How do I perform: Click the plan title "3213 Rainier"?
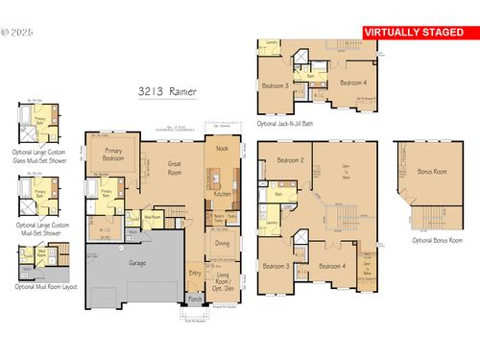pyautogui.click(x=167, y=91)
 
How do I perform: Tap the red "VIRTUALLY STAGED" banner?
pyautogui.click(x=420, y=32)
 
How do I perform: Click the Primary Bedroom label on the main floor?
pyautogui.click(x=113, y=156)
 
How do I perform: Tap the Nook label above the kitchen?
pyautogui.click(x=222, y=150)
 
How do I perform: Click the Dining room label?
pyautogui.click(x=223, y=244)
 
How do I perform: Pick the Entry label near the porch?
pyautogui.click(x=196, y=274)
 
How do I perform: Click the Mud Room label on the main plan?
pyautogui.click(x=152, y=217)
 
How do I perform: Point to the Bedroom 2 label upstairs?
pyautogui.click(x=289, y=160)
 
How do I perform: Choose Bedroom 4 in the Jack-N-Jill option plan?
pyautogui.click(x=356, y=84)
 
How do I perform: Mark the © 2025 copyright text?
pyautogui.click(x=17, y=31)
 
